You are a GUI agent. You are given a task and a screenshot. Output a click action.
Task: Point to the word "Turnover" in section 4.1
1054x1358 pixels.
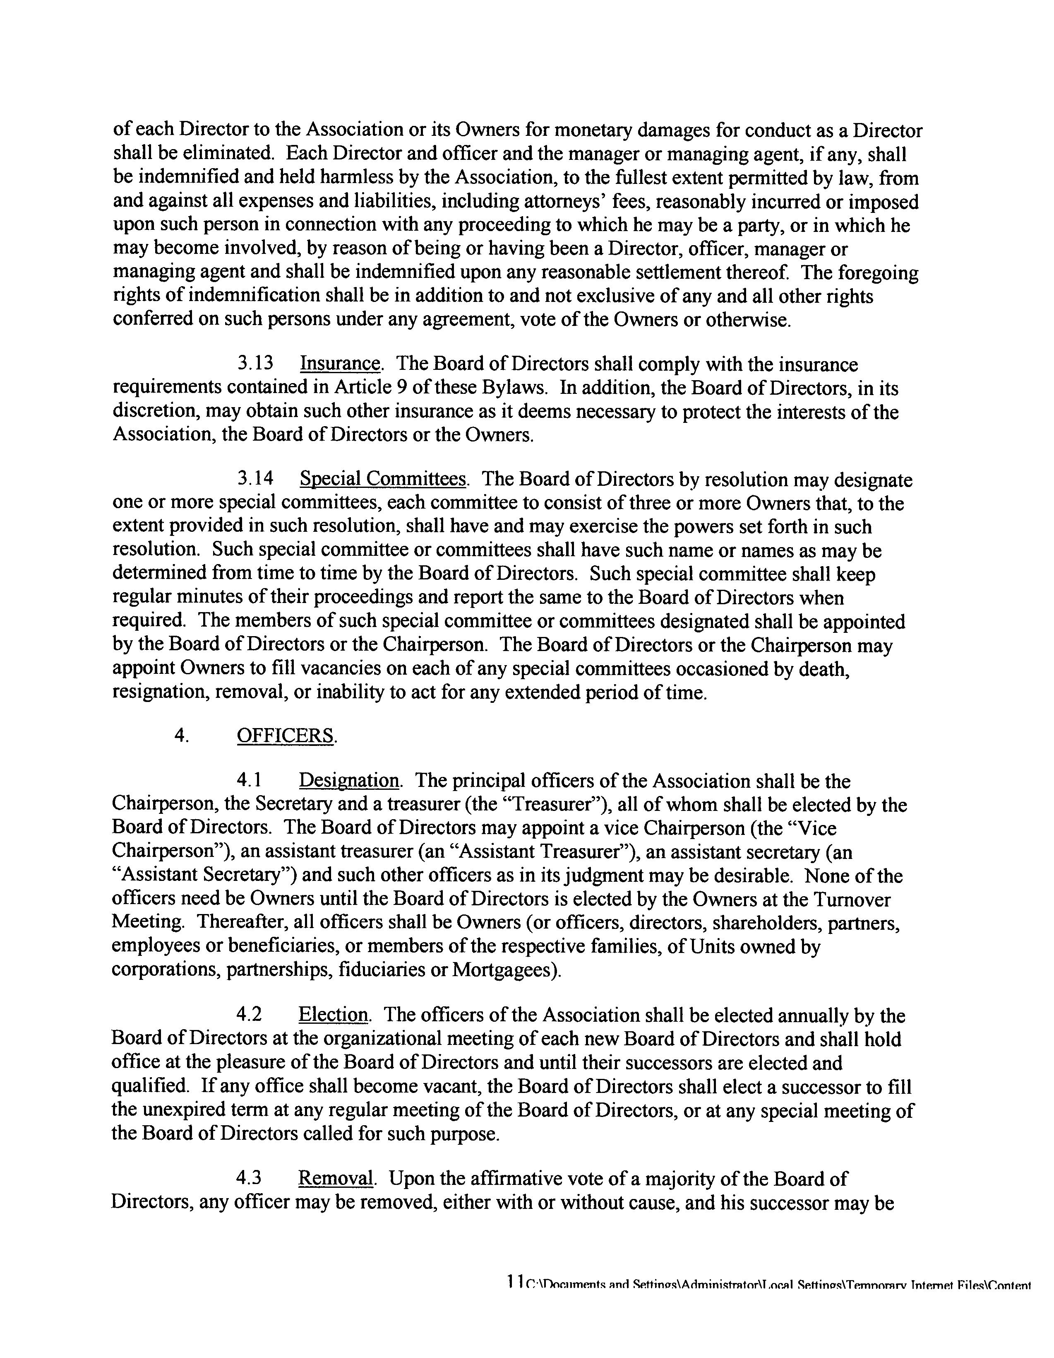coord(851,899)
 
